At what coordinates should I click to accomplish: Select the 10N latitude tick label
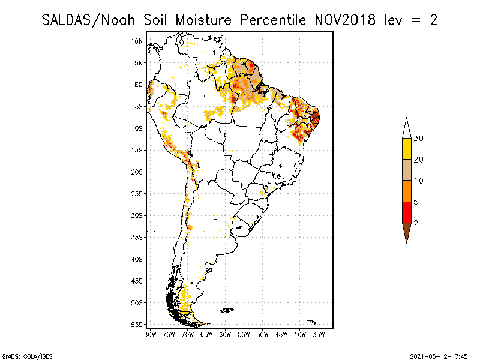138,41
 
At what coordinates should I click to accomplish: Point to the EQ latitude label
139,85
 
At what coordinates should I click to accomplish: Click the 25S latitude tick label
137,193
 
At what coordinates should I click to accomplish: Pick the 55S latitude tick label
137,324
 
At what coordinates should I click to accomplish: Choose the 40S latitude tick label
137,259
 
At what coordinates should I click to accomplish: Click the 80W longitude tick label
150,334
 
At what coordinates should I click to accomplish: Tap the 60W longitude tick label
225,334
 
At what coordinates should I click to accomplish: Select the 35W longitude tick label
319,334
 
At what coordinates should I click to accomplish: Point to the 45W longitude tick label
281,334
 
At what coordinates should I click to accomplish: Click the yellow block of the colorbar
406,149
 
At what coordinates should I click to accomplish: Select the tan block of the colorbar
406,170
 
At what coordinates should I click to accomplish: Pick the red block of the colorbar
406,212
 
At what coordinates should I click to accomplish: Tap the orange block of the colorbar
406,191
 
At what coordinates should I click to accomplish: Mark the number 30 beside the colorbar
419,139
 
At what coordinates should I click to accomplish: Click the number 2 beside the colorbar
416,223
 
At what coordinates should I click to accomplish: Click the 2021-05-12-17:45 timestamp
439,355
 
